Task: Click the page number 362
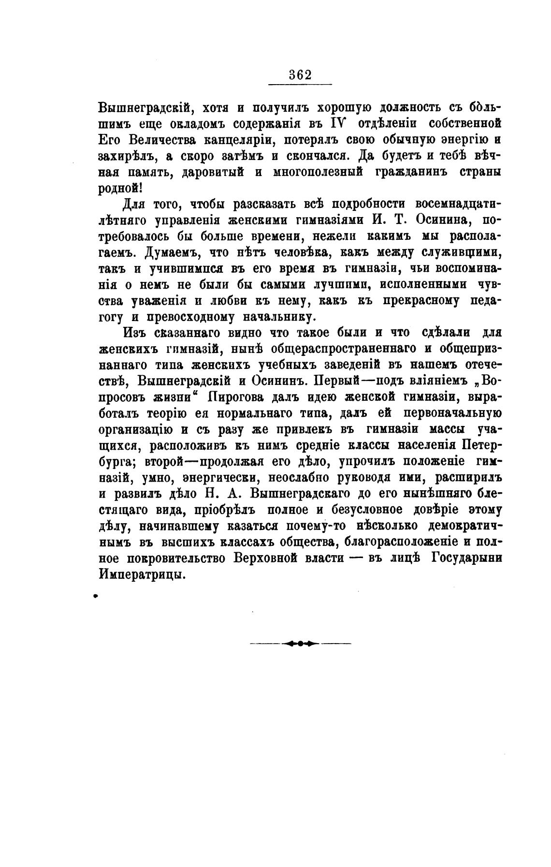[300, 75]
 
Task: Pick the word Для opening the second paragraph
[137, 205]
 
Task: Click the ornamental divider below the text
[300, 644]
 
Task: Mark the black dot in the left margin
[96, 597]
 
